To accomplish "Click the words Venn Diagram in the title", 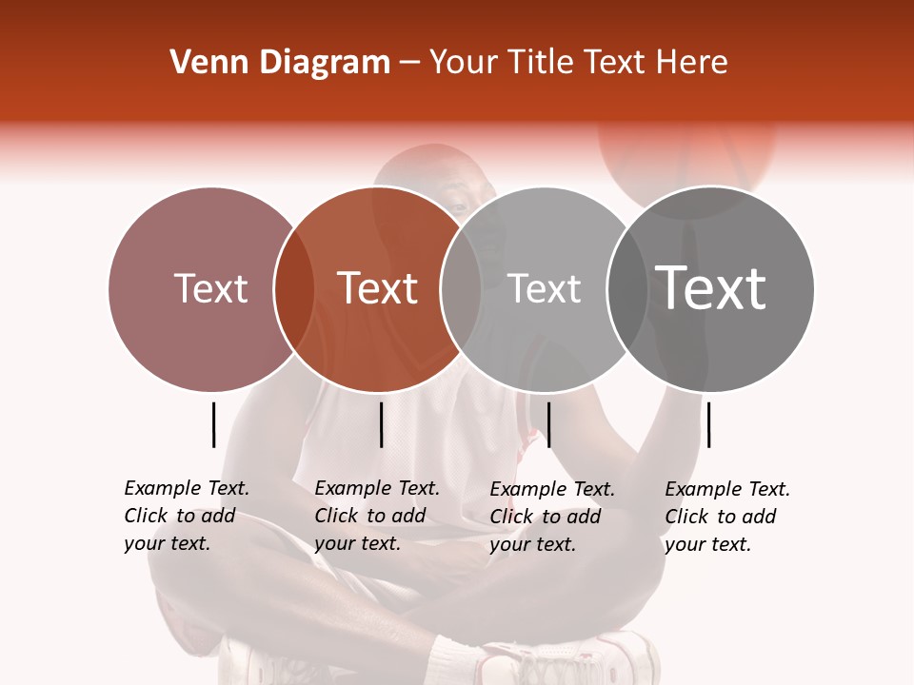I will [x=280, y=63].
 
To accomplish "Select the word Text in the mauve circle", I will [x=210, y=288].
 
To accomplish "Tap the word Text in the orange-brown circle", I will [x=378, y=288].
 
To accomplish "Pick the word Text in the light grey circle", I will [x=544, y=288].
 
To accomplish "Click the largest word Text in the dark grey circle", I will [x=711, y=288].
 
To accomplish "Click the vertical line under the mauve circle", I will [x=214, y=424].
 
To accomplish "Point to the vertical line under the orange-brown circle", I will [x=381, y=424].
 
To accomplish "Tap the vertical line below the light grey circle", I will [x=549, y=424].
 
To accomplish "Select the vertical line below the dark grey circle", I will [x=708, y=424].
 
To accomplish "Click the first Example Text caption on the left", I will [x=187, y=516].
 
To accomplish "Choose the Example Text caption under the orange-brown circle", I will [x=377, y=516].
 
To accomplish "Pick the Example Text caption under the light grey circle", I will [x=552, y=517].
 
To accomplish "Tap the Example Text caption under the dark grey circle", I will [x=727, y=517].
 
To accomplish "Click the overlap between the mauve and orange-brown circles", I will [x=294, y=288].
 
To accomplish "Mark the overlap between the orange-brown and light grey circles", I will [x=461, y=288].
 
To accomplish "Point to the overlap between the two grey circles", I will [x=627, y=288].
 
